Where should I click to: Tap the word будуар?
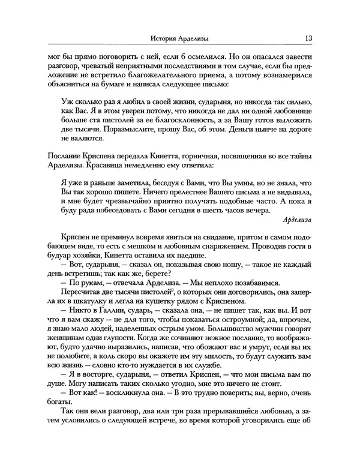58,256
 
